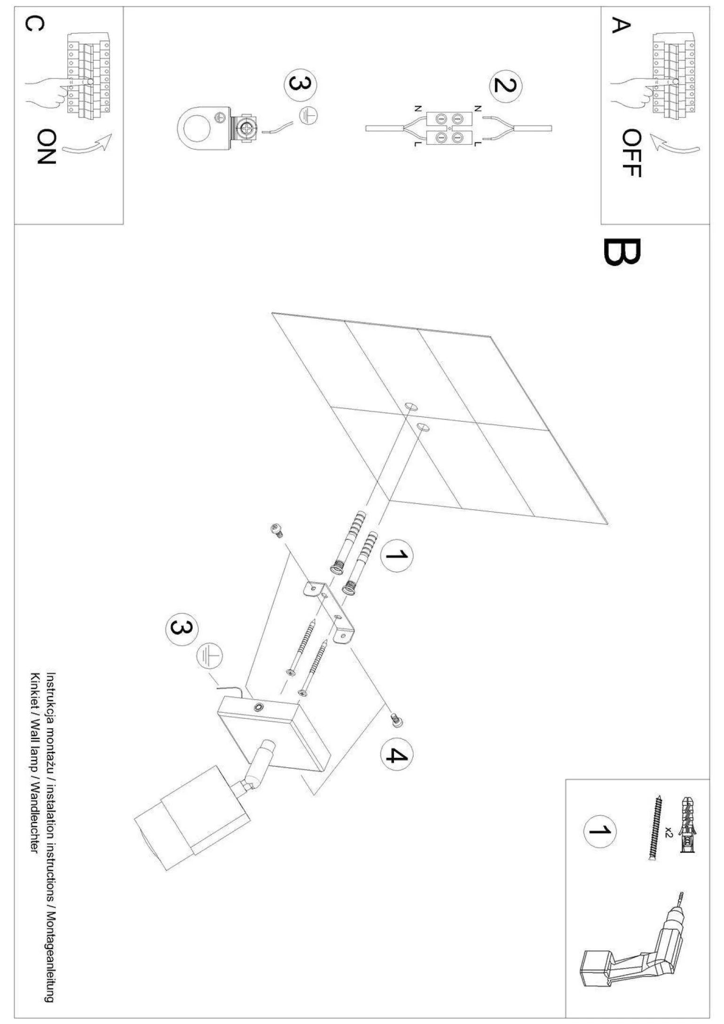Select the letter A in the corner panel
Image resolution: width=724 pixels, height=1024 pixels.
tap(620, 25)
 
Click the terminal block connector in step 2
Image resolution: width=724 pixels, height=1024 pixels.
tap(449, 128)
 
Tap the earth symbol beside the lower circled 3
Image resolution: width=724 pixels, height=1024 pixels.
tap(209, 655)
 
